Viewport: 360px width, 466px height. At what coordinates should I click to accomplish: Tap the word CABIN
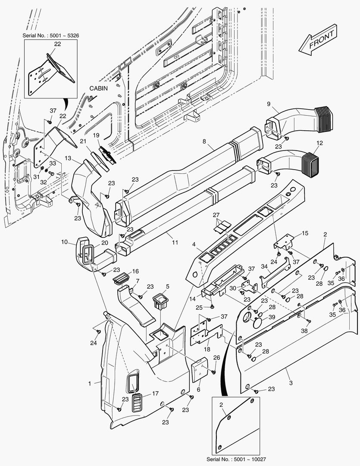98,88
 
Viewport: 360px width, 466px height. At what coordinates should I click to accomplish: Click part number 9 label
269,104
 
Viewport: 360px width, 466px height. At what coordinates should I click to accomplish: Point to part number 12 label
319,142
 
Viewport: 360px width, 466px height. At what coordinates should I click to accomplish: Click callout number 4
194,245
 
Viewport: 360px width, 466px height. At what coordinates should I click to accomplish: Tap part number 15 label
305,233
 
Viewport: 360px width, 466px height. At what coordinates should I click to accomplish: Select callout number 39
271,317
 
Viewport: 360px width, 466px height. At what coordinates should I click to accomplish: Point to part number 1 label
90,383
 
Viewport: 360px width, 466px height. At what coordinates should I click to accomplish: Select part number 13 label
68,158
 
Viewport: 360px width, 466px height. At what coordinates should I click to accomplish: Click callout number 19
97,135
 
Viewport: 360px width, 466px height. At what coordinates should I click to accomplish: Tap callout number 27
216,214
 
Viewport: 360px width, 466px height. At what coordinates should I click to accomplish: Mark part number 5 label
167,286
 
